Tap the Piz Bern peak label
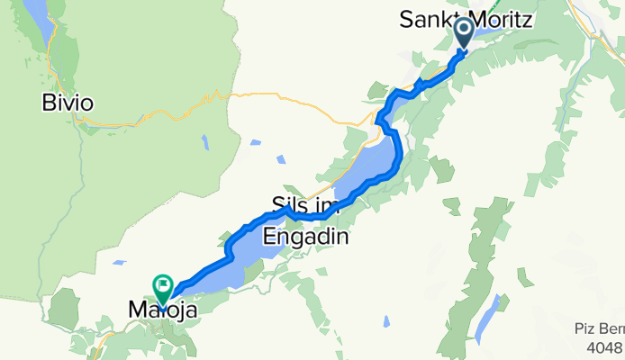tap(596, 329)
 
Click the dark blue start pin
tap(465, 34)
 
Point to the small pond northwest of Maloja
tap(119, 264)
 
